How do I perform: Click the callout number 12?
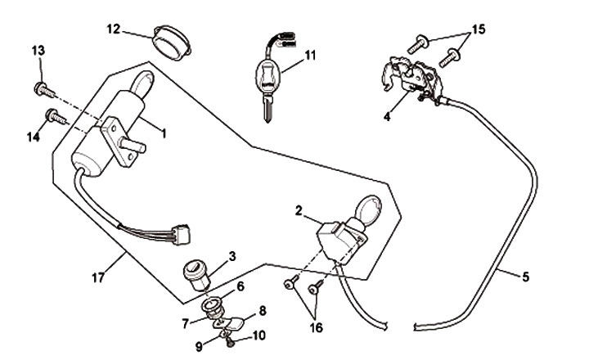114,29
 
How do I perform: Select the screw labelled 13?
42,88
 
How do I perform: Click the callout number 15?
479,29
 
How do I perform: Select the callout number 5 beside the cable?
524,277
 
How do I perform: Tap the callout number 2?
299,211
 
